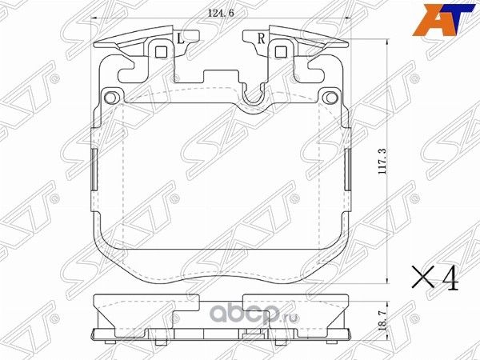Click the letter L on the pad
pos(180,38)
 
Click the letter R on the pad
pos(261,38)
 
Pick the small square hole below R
pos(281,53)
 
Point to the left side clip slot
pos(93,170)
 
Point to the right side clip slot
pos(350,170)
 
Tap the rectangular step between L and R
pos(221,78)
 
